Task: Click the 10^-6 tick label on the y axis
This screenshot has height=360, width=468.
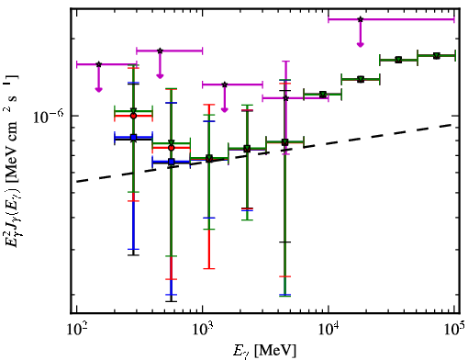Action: pyautogui.click(x=49, y=117)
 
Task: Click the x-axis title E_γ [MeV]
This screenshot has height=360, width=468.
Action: pyautogui.click(x=264, y=351)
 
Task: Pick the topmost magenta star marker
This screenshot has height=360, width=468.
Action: pyautogui.click(x=361, y=19)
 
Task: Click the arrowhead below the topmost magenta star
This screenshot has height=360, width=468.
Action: pyautogui.click(x=361, y=45)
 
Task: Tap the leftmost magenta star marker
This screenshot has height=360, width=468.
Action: pyautogui.click(x=98, y=64)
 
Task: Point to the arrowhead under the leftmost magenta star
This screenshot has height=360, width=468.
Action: pyautogui.click(x=98, y=89)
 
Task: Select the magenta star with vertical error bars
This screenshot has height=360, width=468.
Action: pyautogui.click(x=285, y=98)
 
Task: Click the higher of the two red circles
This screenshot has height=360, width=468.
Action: pyautogui.click(x=133, y=116)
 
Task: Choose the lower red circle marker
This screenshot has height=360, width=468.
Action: pyautogui.click(x=172, y=148)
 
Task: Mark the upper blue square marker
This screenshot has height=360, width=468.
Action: pyautogui.click(x=133, y=138)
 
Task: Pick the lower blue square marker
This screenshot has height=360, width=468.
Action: pyautogui.click(x=172, y=162)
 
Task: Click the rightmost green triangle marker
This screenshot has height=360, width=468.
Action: pyautogui.click(x=437, y=56)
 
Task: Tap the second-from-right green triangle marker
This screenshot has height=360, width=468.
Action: pyautogui.click(x=398, y=60)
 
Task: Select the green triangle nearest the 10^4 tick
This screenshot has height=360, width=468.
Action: pyautogui.click(x=322, y=95)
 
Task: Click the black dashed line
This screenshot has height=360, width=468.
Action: pyautogui.click(x=265, y=153)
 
